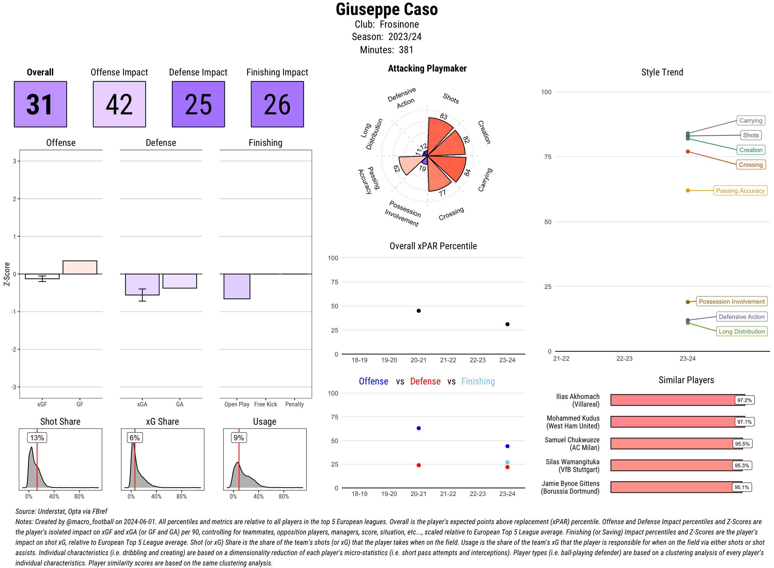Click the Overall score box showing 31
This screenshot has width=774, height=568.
tap(40, 104)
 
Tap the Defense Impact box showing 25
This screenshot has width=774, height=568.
tap(198, 104)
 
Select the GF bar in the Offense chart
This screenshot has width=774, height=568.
tap(80, 267)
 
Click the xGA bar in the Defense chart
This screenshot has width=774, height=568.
tap(142, 284)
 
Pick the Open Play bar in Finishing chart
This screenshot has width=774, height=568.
tap(237, 286)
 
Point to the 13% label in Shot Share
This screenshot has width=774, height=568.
tap(37, 438)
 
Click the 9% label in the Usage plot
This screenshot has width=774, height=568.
tap(238, 438)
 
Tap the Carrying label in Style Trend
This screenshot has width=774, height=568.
tap(750, 121)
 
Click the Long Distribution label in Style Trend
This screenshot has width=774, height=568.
tap(741, 332)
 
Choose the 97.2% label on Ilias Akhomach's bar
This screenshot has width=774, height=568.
tap(744, 400)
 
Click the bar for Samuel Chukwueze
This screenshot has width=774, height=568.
tap(672, 444)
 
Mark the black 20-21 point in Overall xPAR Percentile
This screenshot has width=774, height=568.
tap(418, 311)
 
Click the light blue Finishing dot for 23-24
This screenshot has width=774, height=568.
tap(507, 462)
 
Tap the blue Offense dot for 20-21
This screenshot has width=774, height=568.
tap(418, 428)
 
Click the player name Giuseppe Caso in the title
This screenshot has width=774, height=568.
tap(386, 10)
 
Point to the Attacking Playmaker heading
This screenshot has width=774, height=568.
tap(427, 68)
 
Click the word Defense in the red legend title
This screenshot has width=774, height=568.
tap(425, 381)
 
